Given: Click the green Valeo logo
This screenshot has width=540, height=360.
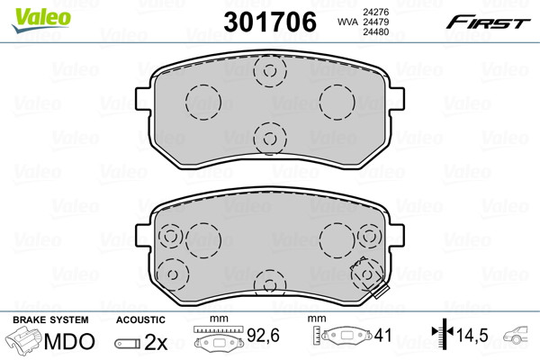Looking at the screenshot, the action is point(41,20).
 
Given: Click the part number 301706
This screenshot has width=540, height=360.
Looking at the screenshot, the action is point(270,22).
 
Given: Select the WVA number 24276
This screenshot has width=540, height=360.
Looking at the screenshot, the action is point(375,12).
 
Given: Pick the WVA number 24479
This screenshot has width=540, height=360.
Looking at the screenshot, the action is point(375,22).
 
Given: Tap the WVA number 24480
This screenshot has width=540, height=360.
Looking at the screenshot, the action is point(375,32).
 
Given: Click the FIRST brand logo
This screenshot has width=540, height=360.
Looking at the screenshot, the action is point(488,22).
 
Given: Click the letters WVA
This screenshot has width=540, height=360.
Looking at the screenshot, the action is point(348,22).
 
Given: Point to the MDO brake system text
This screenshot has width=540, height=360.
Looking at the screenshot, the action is point(69,341).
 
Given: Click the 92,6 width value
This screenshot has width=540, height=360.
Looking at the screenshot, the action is point(263,335).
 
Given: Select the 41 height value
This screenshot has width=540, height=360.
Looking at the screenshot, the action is point(382,335).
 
